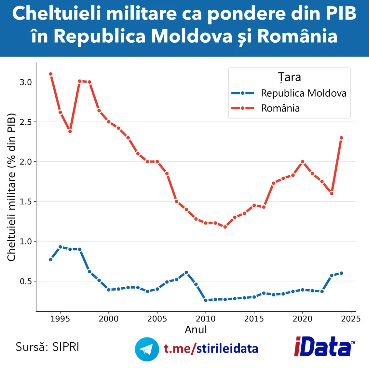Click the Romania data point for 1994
pos(51,74)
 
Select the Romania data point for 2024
pos(341,138)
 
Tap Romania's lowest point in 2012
pos(225,227)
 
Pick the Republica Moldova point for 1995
pos(60,247)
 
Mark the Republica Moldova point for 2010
pos(206,300)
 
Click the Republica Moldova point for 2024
pos(341,273)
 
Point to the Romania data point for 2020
pos(303,162)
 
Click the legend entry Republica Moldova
pos(303,93)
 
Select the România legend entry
pos(280,108)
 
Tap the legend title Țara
pos(289,77)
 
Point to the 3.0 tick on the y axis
pos(26,82)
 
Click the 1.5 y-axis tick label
pos(26,202)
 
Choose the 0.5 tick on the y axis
pos(26,281)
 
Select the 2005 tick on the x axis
pos(157,319)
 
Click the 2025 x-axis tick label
pos(351,319)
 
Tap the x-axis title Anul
pos(196,330)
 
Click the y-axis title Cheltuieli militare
pos(11,187)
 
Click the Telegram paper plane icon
pos(147,349)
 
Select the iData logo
pos(324,347)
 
